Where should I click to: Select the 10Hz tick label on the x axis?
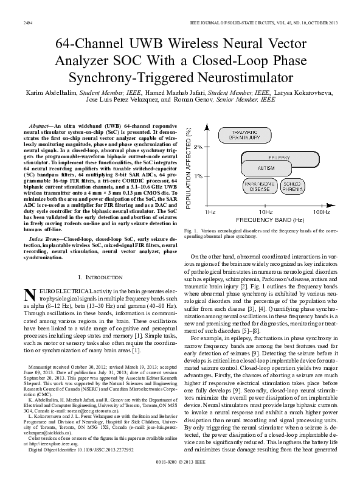(266, 212)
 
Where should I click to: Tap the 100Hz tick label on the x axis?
(322, 212)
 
